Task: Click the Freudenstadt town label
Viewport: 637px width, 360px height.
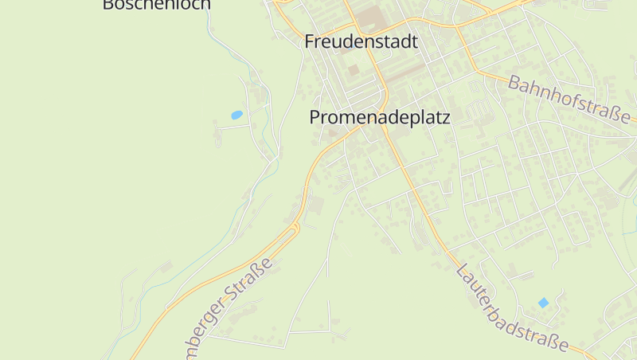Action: (x=361, y=41)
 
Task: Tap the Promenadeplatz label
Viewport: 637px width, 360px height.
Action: (x=380, y=117)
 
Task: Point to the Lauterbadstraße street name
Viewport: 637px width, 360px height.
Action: (x=512, y=308)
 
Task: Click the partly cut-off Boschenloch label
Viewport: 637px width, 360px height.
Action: (x=157, y=5)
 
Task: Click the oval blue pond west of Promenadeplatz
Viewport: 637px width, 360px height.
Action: (x=236, y=115)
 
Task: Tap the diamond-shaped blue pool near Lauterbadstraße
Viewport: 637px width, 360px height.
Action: (x=543, y=303)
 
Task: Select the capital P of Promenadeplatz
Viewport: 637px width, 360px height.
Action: (x=315, y=117)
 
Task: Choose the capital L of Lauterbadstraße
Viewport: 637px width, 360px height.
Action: (x=462, y=271)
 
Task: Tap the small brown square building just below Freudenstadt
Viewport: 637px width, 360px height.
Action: (x=353, y=70)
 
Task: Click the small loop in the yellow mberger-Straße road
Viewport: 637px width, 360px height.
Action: (x=295, y=229)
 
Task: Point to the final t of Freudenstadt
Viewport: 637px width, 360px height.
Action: (x=414, y=41)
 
